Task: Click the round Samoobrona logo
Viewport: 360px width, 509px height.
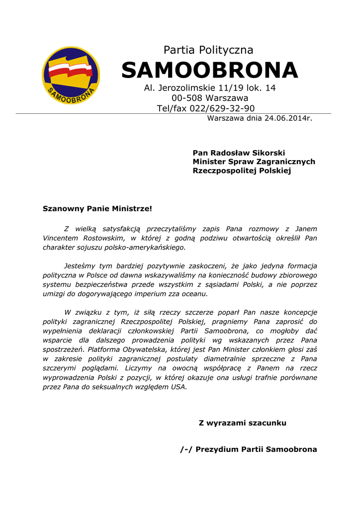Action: click(x=71, y=75)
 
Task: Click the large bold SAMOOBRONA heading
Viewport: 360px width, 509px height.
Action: click(x=209, y=70)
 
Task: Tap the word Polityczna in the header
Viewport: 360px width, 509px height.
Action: click(x=226, y=50)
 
